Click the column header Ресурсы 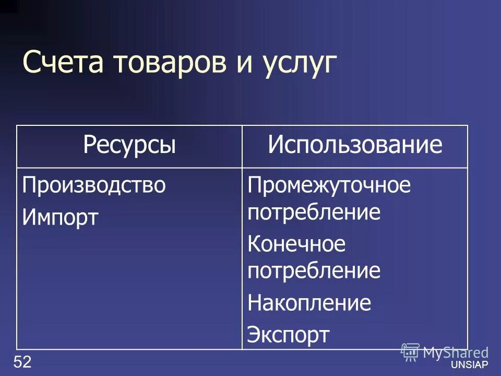point(129,146)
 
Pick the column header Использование point(355,146)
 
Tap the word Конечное point(296,244)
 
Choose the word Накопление point(309,303)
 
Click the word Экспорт point(289,334)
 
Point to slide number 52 point(22,361)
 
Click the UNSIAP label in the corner point(472,365)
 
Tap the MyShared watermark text point(456,352)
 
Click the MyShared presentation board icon point(410,351)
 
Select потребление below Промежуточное point(314,213)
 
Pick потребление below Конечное point(314,271)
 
